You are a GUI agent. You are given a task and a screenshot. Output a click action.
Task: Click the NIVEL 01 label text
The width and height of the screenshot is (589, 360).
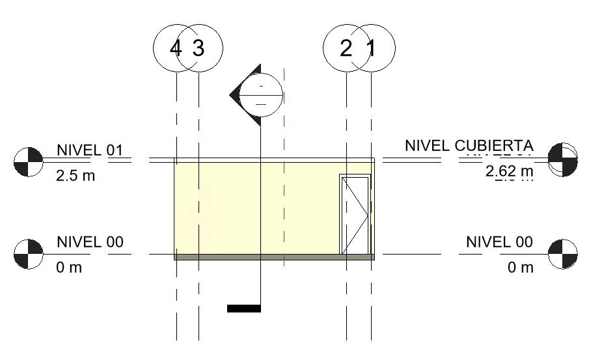tap(90, 150)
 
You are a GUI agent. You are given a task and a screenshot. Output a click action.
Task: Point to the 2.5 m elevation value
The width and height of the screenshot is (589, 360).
tap(75, 176)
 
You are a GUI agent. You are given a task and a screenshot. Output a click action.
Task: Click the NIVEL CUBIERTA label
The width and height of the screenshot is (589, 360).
tap(469, 146)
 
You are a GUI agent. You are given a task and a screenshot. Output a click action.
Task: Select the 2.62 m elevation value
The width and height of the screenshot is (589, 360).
tap(509, 172)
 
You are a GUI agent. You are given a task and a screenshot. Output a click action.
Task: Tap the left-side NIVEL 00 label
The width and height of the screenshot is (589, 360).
tap(90, 243)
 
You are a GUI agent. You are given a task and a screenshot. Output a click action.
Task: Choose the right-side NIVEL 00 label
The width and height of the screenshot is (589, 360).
tap(499, 243)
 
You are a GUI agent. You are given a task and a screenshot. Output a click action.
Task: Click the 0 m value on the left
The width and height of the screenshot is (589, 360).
tap(69, 268)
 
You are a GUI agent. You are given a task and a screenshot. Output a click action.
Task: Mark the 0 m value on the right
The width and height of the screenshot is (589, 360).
tap(521, 268)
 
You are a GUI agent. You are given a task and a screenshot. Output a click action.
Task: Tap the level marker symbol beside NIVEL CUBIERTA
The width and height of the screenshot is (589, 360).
tap(562, 159)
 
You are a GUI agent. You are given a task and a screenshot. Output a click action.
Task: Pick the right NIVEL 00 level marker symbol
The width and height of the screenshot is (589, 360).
tap(563, 254)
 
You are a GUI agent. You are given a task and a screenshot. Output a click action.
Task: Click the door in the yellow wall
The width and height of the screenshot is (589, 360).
tap(355, 214)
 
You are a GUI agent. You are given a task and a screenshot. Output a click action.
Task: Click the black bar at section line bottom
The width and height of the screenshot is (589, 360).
tap(244, 309)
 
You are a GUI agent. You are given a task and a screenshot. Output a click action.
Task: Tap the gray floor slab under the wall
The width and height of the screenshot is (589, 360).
tap(274, 257)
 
